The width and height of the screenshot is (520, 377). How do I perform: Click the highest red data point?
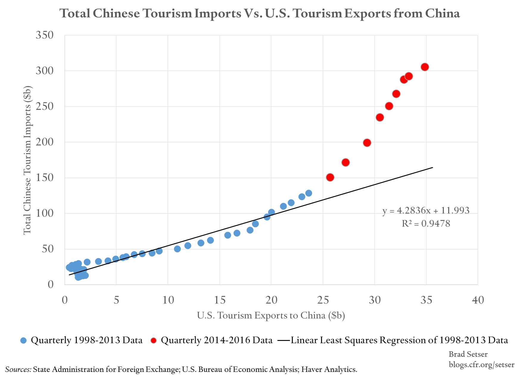(425, 67)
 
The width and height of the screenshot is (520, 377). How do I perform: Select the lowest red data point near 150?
(330, 177)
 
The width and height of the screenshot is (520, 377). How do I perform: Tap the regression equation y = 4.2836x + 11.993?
(426, 211)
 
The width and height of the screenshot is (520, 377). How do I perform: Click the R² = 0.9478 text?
(426, 223)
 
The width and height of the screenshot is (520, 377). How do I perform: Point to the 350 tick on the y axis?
(45, 35)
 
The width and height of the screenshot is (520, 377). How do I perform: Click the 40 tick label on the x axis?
(478, 300)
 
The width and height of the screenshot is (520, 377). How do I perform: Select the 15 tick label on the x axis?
(219, 300)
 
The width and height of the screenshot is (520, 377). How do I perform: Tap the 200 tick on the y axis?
(45, 142)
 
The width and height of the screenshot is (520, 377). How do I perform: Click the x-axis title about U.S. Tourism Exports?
(271, 315)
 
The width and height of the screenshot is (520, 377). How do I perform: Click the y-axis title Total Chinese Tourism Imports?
(27, 160)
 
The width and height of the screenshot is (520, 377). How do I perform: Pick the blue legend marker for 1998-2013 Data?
(23, 340)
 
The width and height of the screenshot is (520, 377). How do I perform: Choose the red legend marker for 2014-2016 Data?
(154, 340)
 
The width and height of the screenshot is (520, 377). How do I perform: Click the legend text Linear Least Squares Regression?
(399, 340)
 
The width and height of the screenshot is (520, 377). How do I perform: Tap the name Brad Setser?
(468, 354)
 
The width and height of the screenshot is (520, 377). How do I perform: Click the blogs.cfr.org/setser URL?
(481, 364)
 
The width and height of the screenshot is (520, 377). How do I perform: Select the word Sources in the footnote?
(18, 369)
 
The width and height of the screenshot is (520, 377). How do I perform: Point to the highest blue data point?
(309, 193)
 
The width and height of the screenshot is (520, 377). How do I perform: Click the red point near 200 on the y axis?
(367, 143)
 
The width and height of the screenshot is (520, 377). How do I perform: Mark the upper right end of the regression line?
(432, 168)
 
